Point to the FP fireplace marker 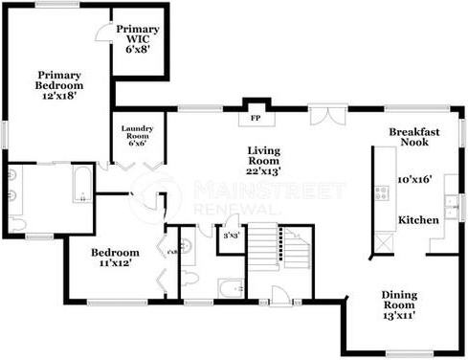tap(256, 119)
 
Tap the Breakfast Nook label tap(414, 136)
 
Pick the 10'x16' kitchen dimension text tap(416, 179)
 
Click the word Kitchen tap(418, 220)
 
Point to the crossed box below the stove tap(382, 242)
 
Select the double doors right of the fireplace tap(330, 117)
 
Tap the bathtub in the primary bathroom tap(81, 185)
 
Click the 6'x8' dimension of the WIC tap(138, 49)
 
